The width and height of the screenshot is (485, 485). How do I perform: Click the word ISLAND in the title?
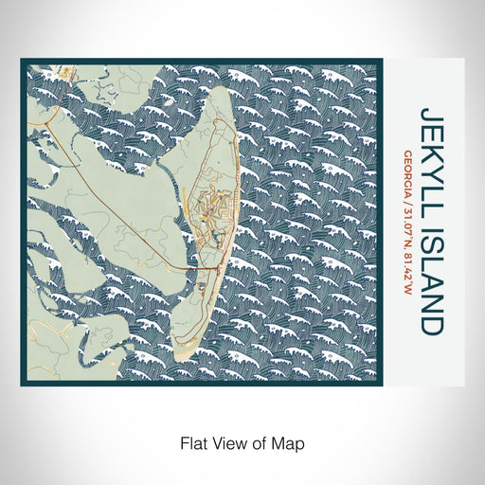tap(431, 275)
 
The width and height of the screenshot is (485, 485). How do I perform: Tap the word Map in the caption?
tap(292, 441)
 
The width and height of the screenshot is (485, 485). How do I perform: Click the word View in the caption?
tap(231, 441)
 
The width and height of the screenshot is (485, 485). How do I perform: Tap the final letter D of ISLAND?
tap(431, 325)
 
